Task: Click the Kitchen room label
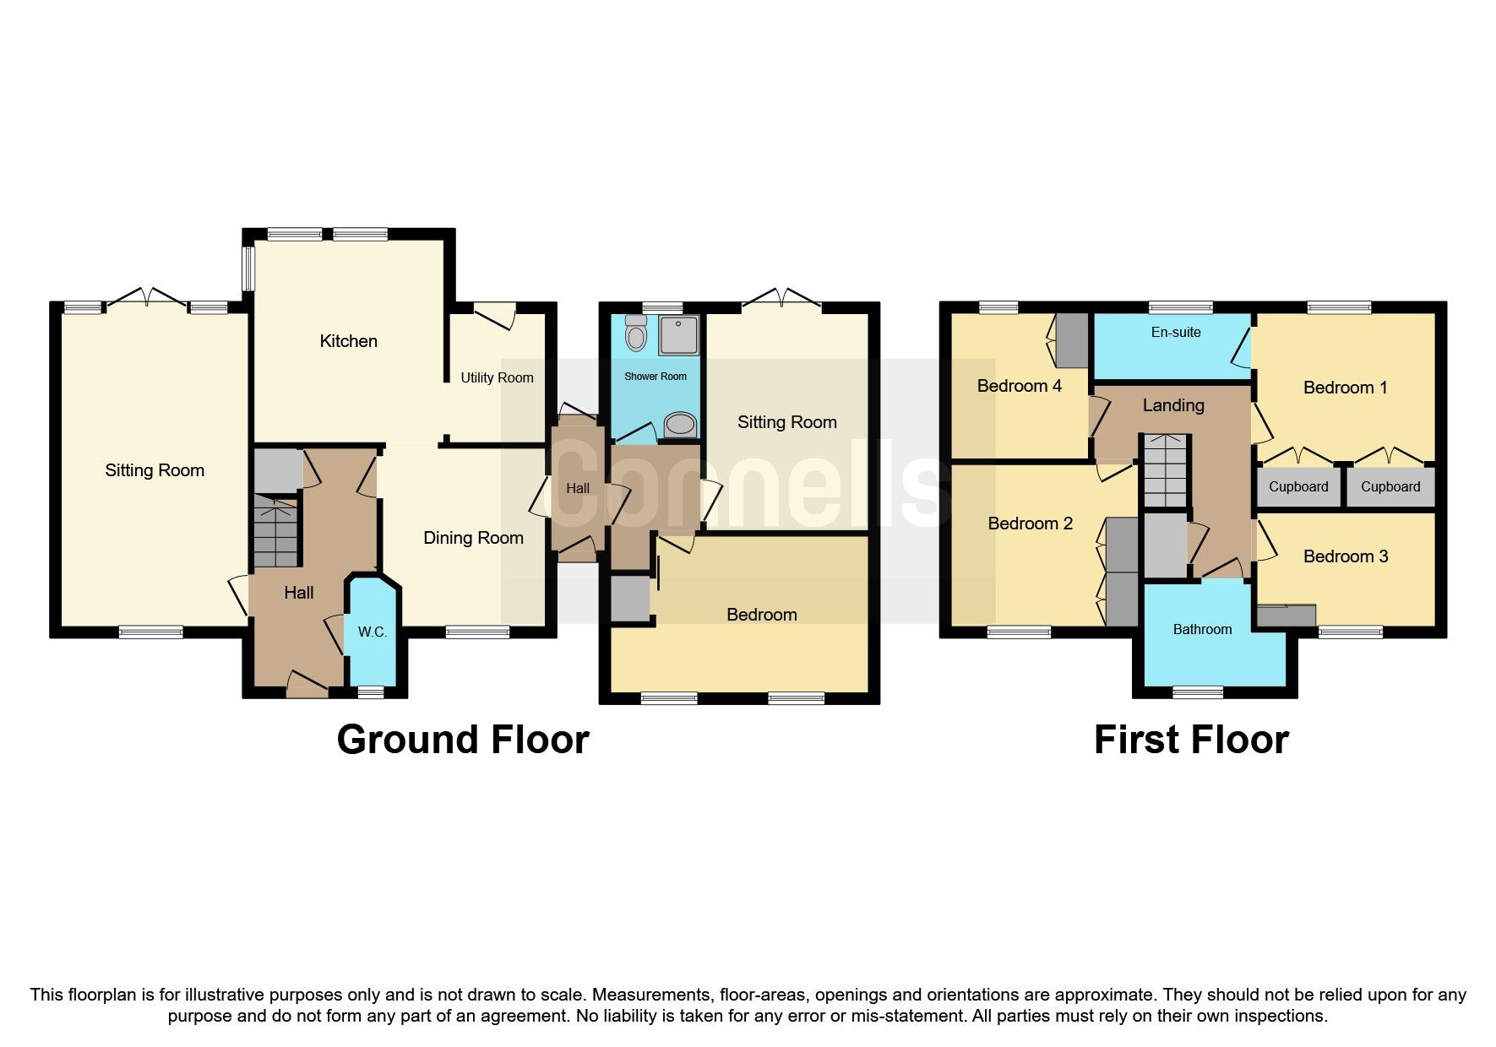coord(348,341)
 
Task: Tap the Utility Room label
coord(497,377)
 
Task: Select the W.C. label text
coord(372,632)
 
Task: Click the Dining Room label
coord(473,538)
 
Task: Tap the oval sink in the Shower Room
coord(680,425)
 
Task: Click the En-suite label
coord(1175,332)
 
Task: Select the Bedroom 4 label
coord(1019,386)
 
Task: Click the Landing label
coord(1172,405)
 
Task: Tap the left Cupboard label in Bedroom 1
coord(1298,486)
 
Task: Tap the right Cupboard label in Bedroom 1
coord(1390,486)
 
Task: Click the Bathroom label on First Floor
coord(1202,629)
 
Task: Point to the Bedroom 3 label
coord(1345,556)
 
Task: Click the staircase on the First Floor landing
coord(1166,471)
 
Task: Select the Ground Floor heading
coord(462,740)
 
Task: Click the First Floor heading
coord(1190,740)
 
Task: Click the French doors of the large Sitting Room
coord(148,297)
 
